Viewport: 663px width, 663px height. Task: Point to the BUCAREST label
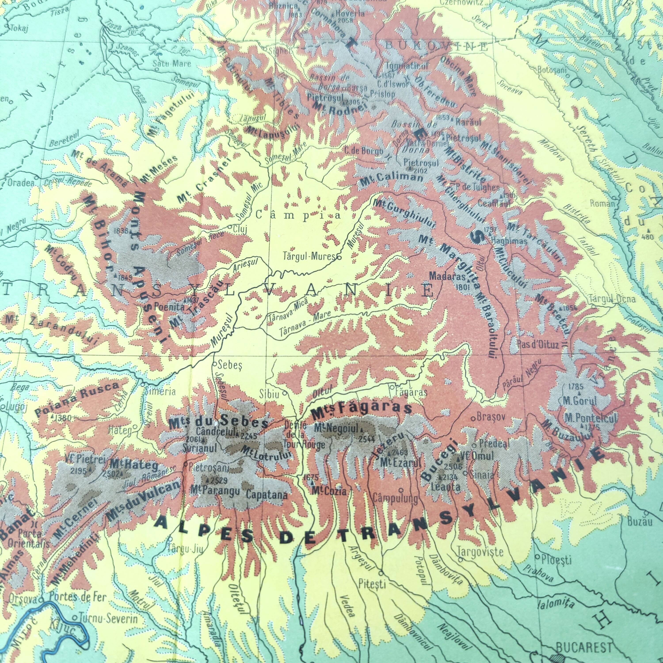pos(583,647)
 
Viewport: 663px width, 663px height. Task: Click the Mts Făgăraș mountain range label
pos(361,409)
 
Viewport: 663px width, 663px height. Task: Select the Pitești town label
pos(372,583)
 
